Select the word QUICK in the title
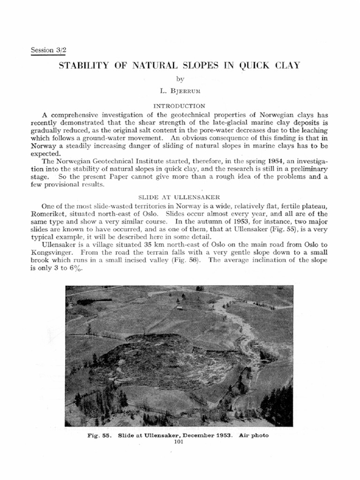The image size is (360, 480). pos(255,66)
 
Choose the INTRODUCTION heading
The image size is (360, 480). pos(180,106)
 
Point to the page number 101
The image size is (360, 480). pos(179,441)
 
